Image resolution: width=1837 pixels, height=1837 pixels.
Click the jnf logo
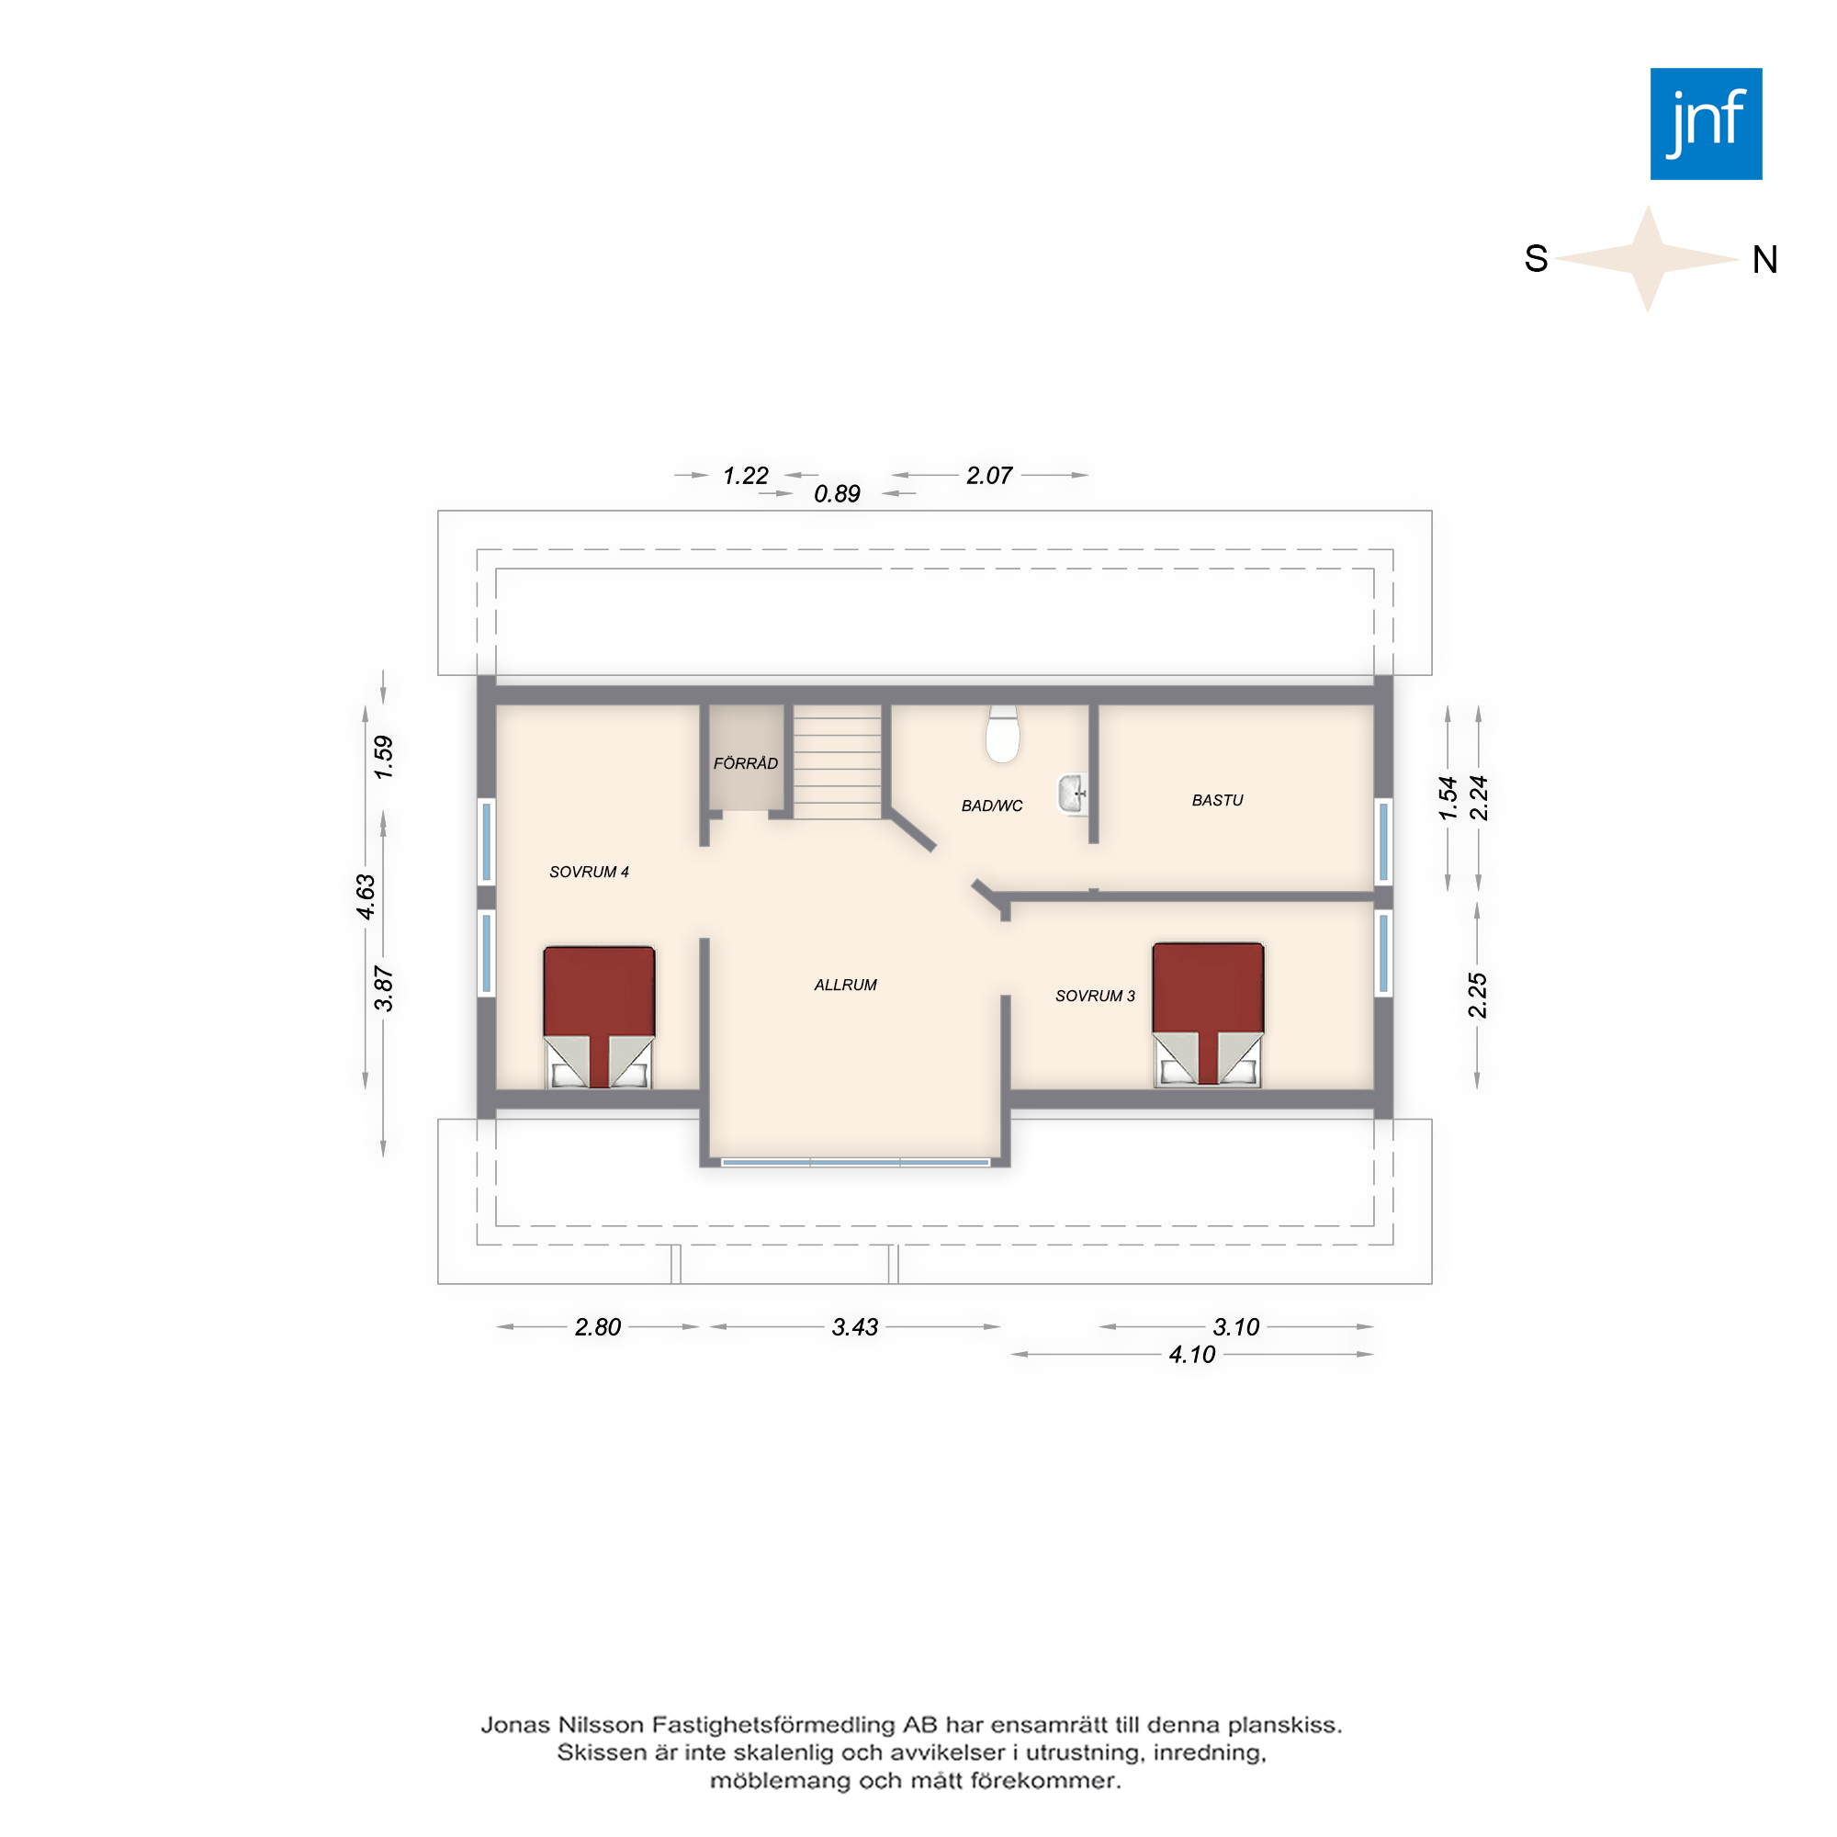pyautogui.click(x=1706, y=124)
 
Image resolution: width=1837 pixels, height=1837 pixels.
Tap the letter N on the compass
pyautogui.click(x=1764, y=260)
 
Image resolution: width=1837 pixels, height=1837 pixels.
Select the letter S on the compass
pyautogui.click(x=1536, y=259)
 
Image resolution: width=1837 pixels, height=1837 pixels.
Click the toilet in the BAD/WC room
pyautogui.click(x=1002, y=733)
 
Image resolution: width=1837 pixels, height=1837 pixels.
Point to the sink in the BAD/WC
pyautogui.click(x=1073, y=793)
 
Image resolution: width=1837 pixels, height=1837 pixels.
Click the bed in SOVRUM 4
pyautogui.click(x=599, y=1017)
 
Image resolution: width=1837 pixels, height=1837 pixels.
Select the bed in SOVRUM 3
pyautogui.click(x=1208, y=1014)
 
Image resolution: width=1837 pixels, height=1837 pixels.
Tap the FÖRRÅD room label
pyautogui.click(x=746, y=762)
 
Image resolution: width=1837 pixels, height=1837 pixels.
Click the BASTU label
pyautogui.click(x=1217, y=800)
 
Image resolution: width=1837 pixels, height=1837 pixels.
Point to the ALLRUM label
pyautogui.click(x=845, y=985)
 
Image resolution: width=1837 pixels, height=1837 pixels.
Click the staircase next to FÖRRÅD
pyautogui.click(x=838, y=761)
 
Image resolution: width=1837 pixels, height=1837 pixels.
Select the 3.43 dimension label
pyautogui.click(x=855, y=1326)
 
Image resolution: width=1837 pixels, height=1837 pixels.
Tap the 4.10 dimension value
pyautogui.click(x=1192, y=1354)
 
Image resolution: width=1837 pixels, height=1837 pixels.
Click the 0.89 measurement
pyautogui.click(x=837, y=493)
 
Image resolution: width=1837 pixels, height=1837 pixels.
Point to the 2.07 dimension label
pyautogui.click(x=989, y=476)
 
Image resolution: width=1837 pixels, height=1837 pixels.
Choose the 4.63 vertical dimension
pyautogui.click(x=366, y=896)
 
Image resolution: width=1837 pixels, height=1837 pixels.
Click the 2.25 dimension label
pyautogui.click(x=1477, y=995)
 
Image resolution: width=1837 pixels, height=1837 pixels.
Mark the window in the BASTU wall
pyautogui.click(x=1383, y=841)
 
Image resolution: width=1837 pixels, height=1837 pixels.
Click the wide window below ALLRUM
pyautogui.click(x=855, y=1162)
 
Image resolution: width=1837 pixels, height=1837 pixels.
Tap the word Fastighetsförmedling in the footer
pyautogui.click(x=774, y=1725)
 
